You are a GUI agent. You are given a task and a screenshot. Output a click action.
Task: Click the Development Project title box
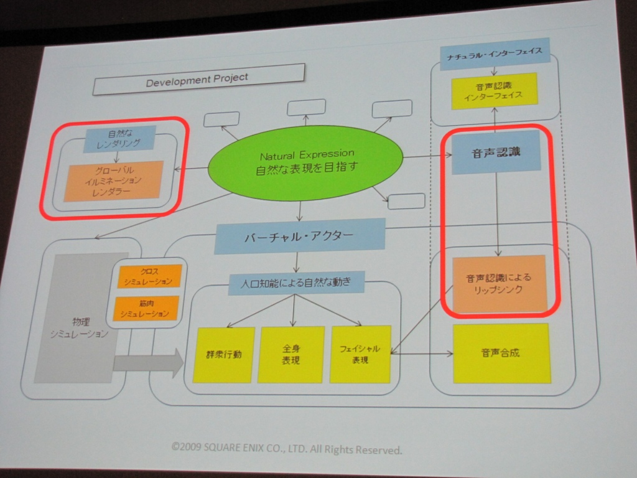pos(198,79)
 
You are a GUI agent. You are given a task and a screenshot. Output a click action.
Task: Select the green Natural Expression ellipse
pos(305,159)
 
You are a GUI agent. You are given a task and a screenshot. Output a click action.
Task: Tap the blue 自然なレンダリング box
pos(119,138)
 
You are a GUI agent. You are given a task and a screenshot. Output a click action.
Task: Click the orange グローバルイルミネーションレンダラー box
pos(113,180)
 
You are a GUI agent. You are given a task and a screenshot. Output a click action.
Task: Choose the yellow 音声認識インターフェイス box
pos(493,91)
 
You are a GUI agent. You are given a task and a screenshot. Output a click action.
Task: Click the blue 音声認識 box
pos(496,152)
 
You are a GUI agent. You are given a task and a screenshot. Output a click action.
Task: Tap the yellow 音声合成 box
pos(501,353)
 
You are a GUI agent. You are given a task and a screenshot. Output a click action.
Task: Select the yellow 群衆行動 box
pos(223,355)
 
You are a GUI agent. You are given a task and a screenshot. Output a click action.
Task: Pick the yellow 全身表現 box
pos(291,354)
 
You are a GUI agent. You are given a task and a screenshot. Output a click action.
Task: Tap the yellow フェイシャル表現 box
pos(360,354)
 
